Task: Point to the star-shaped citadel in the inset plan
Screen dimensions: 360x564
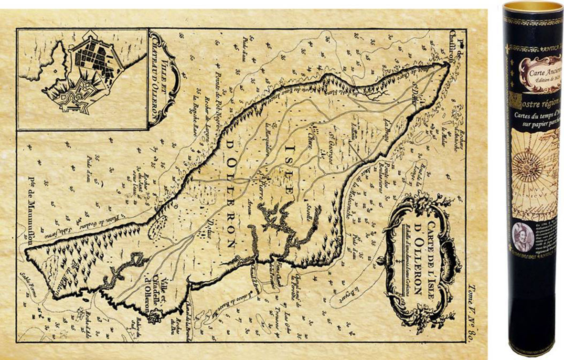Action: tap(72, 98)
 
